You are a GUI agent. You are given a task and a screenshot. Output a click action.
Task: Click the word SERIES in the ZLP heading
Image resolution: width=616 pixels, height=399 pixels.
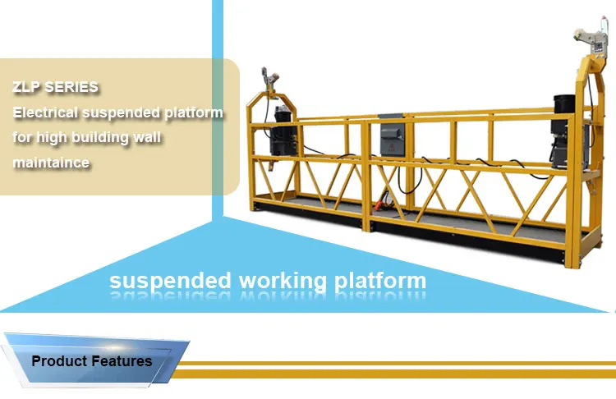click(70, 86)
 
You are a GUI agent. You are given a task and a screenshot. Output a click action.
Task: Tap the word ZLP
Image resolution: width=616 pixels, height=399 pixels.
click(26, 86)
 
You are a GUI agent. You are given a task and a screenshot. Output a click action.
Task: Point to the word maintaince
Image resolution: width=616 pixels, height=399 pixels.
click(51, 163)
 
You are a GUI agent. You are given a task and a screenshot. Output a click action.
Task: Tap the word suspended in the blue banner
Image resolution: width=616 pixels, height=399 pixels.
click(170, 281)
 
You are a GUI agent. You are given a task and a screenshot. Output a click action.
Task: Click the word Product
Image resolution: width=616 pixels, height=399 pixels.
click(61, 360)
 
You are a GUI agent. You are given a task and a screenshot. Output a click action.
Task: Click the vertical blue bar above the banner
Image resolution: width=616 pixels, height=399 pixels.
click(218, 107)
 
